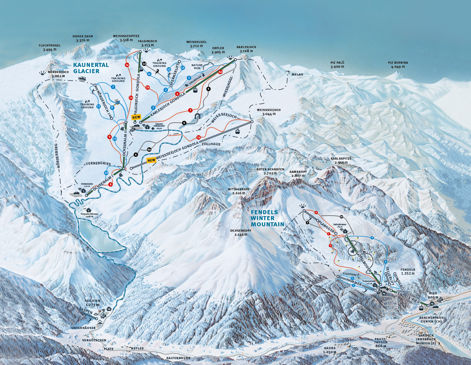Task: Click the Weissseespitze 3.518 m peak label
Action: coord(126,38)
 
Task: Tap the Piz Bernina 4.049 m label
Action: coord(398,65)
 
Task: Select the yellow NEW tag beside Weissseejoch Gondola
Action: coord(151,160)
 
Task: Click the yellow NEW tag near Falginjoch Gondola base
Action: coord(136,117)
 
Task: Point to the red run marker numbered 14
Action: coord(198,137)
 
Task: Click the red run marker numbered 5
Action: coord(190,110)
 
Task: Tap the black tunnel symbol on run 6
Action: coord(198,116)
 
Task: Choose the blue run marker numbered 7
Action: coord(113,87)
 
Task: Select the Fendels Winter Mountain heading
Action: coord(267,218)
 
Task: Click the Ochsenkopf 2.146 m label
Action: coord(238,232)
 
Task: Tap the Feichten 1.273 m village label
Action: coord(92,303)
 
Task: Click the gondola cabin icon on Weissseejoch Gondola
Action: coord(237,131)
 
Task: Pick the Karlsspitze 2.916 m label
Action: coord(341,160)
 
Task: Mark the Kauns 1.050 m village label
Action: coord(329,350)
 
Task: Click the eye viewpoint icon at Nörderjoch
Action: coord(42,73)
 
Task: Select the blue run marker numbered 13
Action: coord(183,68)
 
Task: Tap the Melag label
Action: coord(297,74)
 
